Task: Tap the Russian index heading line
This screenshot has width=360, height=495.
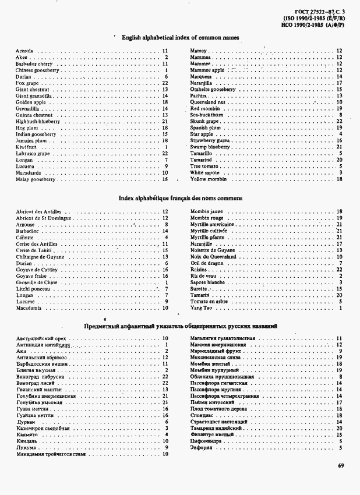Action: [180, 326]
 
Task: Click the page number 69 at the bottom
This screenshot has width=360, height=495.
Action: [341, 465]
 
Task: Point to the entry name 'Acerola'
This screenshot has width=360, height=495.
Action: [24, 51]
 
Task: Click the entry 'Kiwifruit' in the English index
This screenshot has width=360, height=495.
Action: [27, 147]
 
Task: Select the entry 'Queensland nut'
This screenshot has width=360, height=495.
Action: [207, 102]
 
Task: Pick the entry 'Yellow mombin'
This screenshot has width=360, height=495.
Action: [208, 179]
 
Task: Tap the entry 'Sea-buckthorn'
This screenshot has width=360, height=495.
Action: [207, 115]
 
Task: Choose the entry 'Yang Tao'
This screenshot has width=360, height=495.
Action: [201, 307]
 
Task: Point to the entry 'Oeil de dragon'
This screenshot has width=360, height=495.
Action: [207, 263]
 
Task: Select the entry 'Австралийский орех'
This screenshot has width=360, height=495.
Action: [40, 338]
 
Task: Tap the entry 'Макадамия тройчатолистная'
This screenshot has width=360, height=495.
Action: [51, 454]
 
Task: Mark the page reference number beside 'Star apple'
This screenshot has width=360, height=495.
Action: [340, 135]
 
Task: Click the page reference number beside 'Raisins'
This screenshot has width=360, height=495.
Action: [339, 269]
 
